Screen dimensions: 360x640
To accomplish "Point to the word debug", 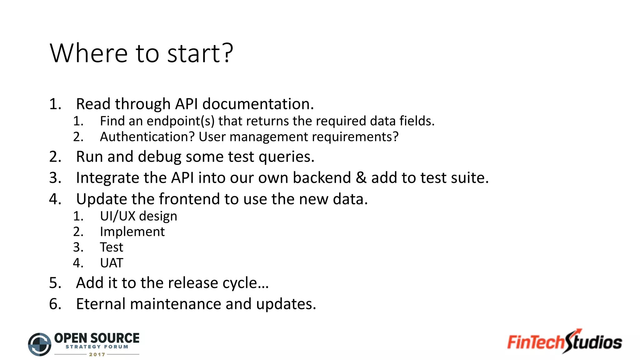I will click(159, 157).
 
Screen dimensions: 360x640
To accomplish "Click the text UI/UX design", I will click(138, 216).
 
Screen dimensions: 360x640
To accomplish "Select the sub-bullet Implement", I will click(132, 232).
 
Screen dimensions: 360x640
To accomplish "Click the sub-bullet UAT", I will click(112, 263).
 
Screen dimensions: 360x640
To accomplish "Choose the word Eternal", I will click(101, 304).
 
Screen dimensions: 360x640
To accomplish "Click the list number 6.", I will click(55, 304).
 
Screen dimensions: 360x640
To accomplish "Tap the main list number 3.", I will click(55, 178).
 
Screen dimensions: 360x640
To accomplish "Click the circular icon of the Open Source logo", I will click(40, 344).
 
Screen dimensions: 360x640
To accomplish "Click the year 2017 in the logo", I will click(97, 355).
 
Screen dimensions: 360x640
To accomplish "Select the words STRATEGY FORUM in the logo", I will click(97, 347).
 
